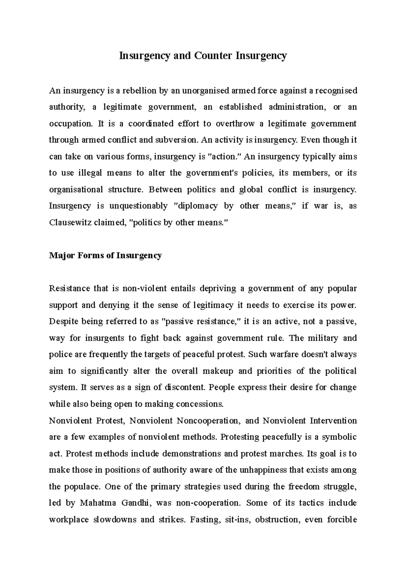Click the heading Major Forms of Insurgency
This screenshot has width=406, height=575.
pyautogui.click(x=105, y=255)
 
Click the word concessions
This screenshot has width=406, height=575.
pyautogui.click(x=204, y=404)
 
